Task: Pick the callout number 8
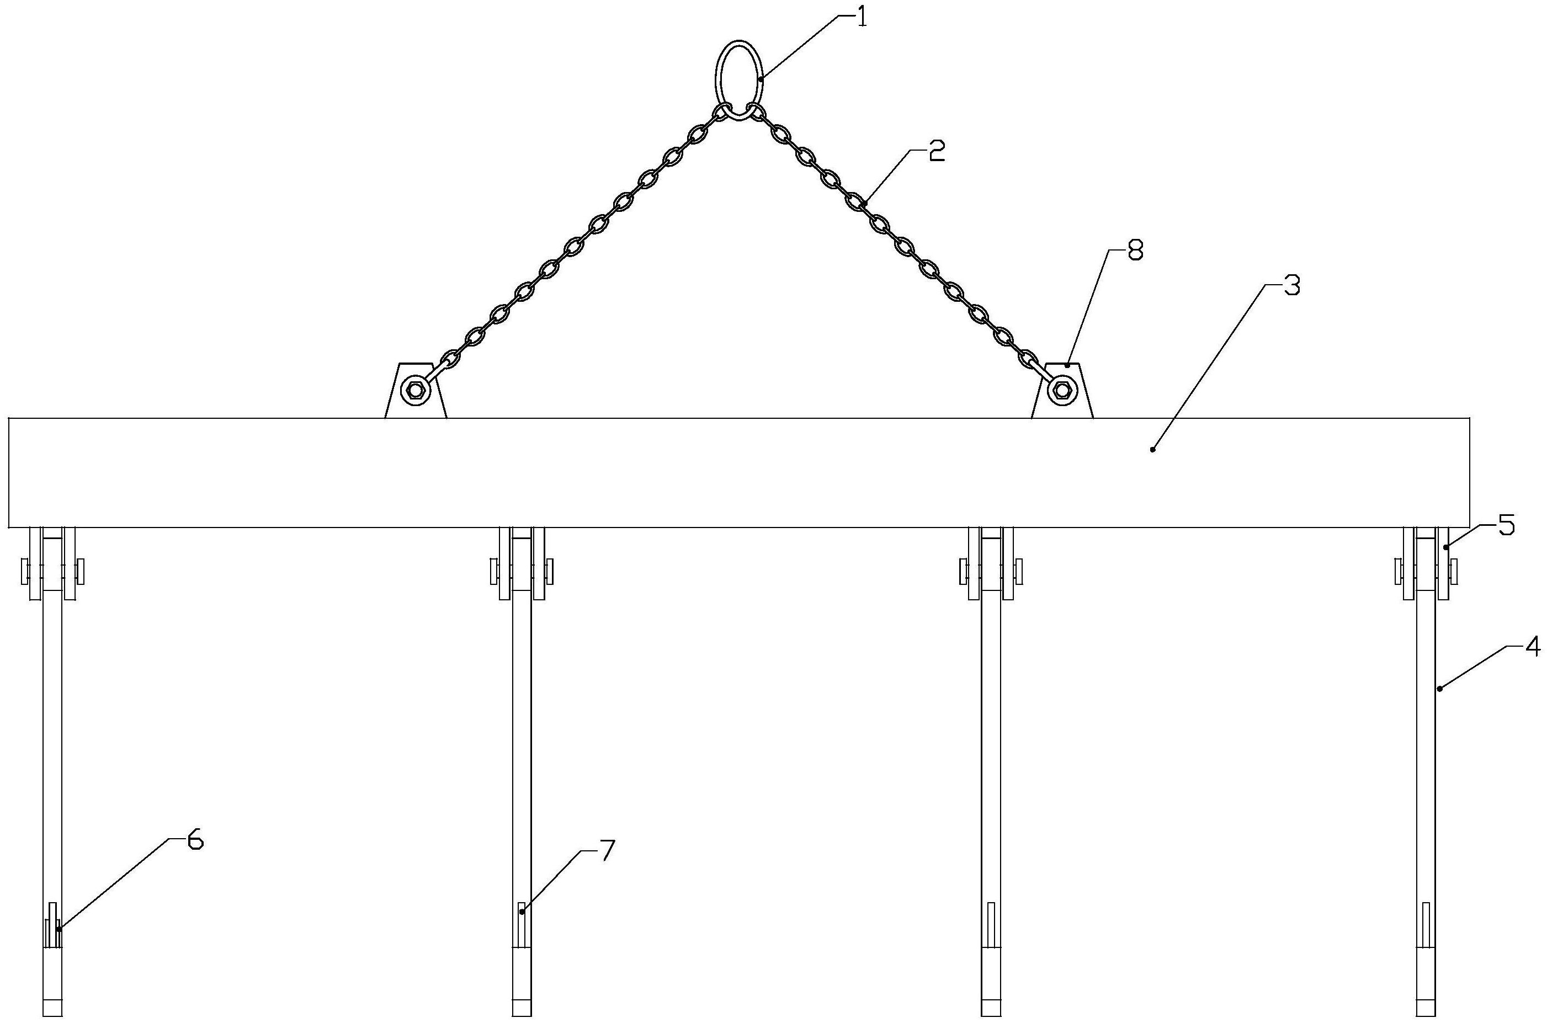click(1135, 251)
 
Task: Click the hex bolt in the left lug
click(415, 391)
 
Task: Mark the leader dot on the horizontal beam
click(1152, 449)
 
